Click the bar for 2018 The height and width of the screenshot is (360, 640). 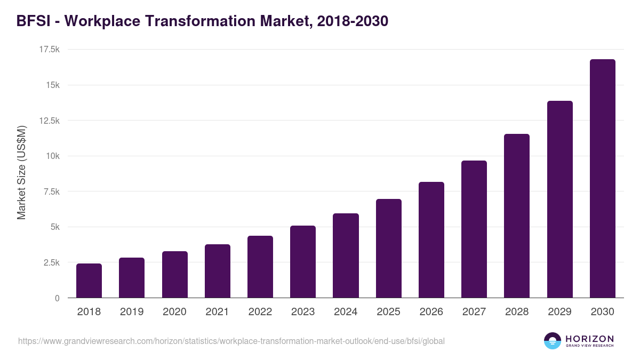[89, 281]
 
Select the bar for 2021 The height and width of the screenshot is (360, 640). [217, 271]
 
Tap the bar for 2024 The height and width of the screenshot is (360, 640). [346, 255]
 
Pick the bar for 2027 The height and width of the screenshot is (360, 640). [474, 229]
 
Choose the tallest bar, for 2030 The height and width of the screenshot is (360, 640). [602, 179]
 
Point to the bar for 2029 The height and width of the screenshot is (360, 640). [559, 199]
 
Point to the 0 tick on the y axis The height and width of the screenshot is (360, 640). [57, 298]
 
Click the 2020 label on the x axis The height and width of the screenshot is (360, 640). [174, 312]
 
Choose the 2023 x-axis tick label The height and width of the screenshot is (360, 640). [303, 312]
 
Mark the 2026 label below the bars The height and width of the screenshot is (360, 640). [431, 312]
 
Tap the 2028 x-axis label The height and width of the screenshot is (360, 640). [517, 312]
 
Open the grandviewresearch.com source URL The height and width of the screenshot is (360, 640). [231, 341]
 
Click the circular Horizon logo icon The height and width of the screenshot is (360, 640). [552, 341]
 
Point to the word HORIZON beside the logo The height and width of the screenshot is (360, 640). [589, 339]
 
